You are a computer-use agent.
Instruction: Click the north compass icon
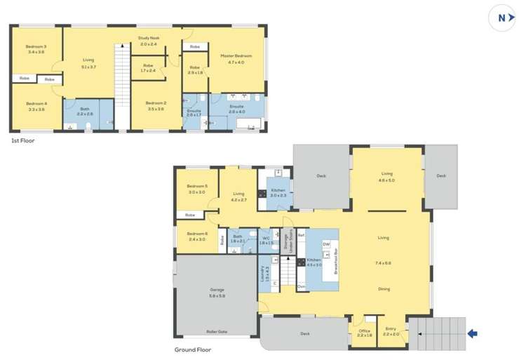[x=501, y=19]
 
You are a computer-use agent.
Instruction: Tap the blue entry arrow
[x=474, y=333]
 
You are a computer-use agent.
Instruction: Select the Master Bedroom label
[x=236, y=55]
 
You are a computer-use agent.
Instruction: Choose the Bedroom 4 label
[x=36, y=104]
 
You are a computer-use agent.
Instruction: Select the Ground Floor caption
[x=193, y=349]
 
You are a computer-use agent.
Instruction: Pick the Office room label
[x=365, y=331]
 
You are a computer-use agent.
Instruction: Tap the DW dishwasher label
[x=326, y=244]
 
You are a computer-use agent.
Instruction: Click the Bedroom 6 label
[x=196, y=234]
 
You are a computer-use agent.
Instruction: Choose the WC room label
[x=266, y=239]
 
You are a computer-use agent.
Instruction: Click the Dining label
[x=383, y=289]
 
